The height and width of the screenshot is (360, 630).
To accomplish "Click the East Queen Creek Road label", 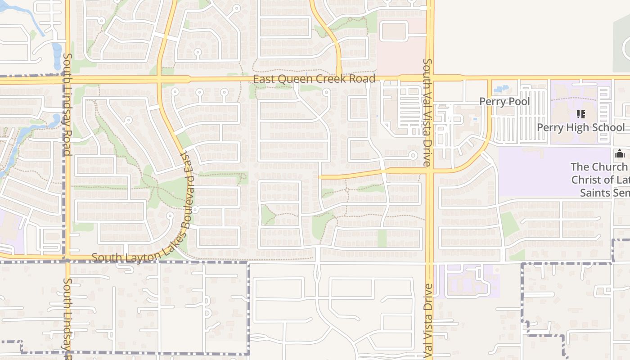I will pyautogui.click(x=314, y=79).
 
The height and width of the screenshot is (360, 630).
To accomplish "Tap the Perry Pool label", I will pyautogui.click(x=504, y=101).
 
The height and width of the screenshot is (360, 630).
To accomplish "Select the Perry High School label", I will pyautogui.click(x=580, y=127).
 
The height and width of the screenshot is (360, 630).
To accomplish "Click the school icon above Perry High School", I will pyautogui.click(x=580, y=114).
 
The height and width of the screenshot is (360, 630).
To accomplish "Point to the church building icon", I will pyautogui.click(x=620, y=154).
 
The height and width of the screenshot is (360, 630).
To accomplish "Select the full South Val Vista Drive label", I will pyautogui.click(x=427, y=112).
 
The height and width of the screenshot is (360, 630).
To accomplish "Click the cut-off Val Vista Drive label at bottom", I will pyautogui.click(x=427, y=322).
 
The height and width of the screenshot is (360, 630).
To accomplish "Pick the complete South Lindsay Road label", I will pyautogui.click(x=67, y=104).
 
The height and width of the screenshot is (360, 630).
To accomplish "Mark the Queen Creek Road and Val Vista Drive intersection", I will pyautogui.click(x=429, y=79).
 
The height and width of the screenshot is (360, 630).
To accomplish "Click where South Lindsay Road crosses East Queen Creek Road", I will pyautogui.click(x=68, y=80).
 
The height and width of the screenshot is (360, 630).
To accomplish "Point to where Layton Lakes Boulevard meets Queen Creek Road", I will pyautogui.click(x=160, y=80).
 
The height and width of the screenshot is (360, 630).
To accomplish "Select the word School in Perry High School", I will pyautogui.click(x=606, y=127).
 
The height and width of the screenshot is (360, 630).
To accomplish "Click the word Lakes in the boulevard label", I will pyautogui.click(x=173, y=240).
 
